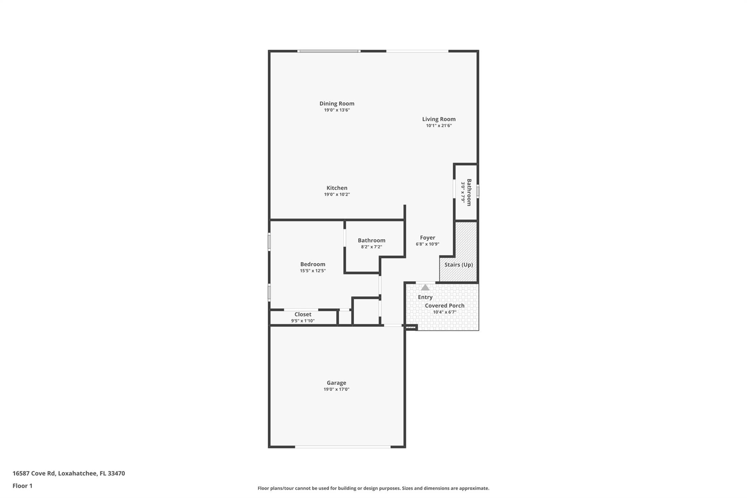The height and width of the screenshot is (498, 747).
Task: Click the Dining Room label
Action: click(337, 104)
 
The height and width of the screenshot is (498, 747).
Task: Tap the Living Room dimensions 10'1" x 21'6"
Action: click(439, 126)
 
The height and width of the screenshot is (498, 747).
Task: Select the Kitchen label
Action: click(337, 188)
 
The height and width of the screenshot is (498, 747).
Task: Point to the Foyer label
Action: click(427, 238)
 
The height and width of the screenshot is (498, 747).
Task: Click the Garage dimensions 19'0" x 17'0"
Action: click(336, 389)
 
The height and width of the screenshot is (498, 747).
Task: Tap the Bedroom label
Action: click(313, 264)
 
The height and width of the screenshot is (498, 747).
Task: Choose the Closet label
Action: click(303, 314)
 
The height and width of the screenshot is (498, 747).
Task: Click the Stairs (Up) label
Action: click(458, 265)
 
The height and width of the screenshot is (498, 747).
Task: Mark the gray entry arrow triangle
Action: click(425, 287)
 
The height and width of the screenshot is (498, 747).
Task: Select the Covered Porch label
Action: click(445, 306)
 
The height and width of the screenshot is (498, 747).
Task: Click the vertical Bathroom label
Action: click(469, 192)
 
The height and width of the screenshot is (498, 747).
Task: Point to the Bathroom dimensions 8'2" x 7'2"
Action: click(371, 247)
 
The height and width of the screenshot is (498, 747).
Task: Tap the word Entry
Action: click(425, 297)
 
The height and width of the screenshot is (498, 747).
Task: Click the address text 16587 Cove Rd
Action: click(34, 474)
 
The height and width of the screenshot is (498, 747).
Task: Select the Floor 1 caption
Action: click(23, 486)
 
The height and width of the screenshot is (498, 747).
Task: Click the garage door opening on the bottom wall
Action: click(343, 447)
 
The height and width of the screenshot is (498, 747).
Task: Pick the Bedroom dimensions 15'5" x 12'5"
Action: click(313, 271)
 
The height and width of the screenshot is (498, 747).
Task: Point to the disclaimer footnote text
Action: click(373, 488)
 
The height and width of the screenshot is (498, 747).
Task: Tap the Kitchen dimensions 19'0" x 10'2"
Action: click(337, 194)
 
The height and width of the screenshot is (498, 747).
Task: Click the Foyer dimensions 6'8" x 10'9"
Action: click(427, 244)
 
